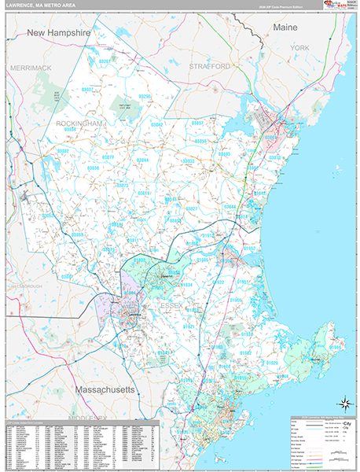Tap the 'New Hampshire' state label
pos(59,33)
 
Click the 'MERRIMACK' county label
pos(31,68)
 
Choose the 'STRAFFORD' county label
pos(209,67)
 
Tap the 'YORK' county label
pos(300,48)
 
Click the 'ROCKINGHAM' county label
pos(80,124)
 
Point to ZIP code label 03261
pos(105,61)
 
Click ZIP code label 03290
pos(144,96)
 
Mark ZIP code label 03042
pos(157,124)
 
